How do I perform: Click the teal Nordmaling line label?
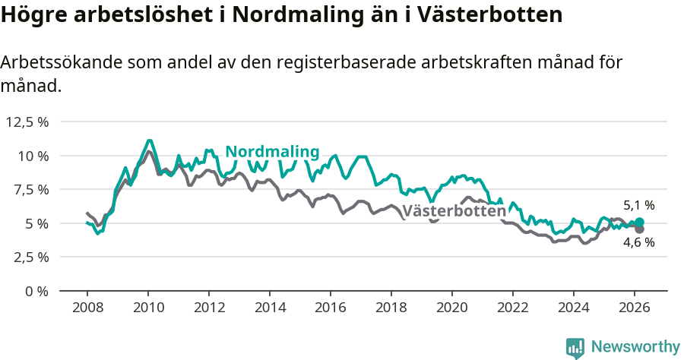click(272, 152)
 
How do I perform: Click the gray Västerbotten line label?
click(454, 211)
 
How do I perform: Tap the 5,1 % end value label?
click(638, 205)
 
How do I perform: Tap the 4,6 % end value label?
click(638, 242)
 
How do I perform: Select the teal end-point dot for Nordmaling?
click(639, 222)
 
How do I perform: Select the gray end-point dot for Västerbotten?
click(639, 229)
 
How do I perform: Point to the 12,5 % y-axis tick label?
click(27, 122)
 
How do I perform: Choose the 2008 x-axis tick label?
click(87, 307)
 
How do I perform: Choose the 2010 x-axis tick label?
click(148, 307)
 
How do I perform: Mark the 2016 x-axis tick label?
click(331, 307)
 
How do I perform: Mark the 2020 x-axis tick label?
click(452, 307)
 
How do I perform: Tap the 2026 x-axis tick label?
click(635, 307)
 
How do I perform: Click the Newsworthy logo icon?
click(575, 347)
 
